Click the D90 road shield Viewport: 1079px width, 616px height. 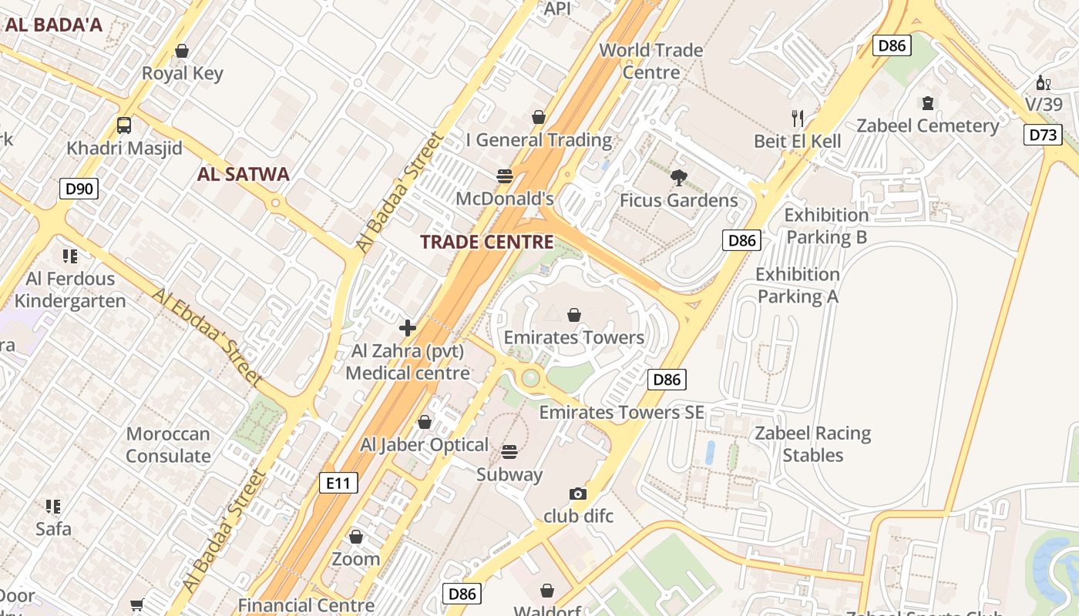pyautogui.click(x=79, y=188)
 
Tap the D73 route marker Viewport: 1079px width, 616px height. pyautogui.click(x=1043, y=136)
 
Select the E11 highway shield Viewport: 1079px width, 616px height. pyautogui.click(x=338, y=484)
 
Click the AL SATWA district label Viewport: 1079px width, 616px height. pyautogui.click(x=243, y=174)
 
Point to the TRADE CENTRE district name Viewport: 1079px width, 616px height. pyautogui.click(x=486, y=242)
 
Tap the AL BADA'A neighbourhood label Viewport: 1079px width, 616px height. pyautogui.click(x=53, y=25)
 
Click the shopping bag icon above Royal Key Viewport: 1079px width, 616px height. pyautogui.click(x=182, y=52)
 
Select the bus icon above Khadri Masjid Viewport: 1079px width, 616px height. pyautogui.click(x=123, y=126)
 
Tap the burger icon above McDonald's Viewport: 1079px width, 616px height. pyautogui.click(x=505, y=176)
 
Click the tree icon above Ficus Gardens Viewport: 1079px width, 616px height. pyautogui.click(x=678, y=179)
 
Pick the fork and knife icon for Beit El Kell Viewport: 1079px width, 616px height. pyautogui.click(x=798, y=119)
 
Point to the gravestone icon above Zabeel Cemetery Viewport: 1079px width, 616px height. pyautogui.click(x=928, y=102)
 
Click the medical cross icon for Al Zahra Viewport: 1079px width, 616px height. pyautogui.click(x=408, y=329)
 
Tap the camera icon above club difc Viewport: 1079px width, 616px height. pyautogui.click(x=578, y=494)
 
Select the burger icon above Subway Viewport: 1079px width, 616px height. pyautogui.click(x=509, y=451)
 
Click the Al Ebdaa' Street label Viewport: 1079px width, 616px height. pyautogui.click(x=207, y=336)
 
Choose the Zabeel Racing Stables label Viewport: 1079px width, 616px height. pyautogui.click(x=813, y=444)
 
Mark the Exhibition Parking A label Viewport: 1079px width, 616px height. pyautogui.click(x=797, y=285)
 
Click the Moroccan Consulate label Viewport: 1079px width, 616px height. pyautogui.click(x=168, y=445)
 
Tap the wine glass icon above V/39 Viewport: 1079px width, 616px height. pyautogui.click(x=1043, y=82)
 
